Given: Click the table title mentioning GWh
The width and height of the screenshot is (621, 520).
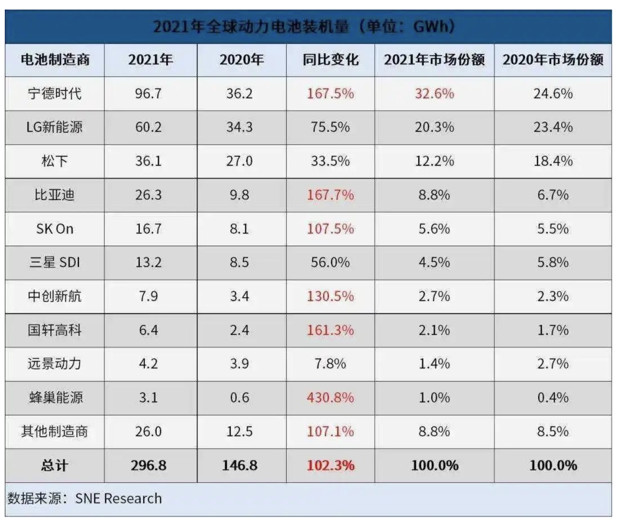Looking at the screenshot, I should pos(304,26).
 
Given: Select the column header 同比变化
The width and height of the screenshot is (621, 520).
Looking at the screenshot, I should pos(330,60).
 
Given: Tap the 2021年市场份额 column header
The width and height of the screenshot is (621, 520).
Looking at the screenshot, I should pos(434,60).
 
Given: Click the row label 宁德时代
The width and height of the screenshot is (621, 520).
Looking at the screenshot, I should pos(55,93).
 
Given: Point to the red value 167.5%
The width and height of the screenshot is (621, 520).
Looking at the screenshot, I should pos(330,93).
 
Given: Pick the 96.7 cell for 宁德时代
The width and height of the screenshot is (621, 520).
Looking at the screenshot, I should pos(149,93).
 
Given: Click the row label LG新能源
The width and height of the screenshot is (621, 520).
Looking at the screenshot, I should pos(55,127).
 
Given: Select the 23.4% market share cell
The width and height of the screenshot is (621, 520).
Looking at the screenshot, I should pos(553,127).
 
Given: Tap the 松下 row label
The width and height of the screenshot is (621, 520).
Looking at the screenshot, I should pos(55,161).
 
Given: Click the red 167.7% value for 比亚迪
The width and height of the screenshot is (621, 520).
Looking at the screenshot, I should pos(330,195).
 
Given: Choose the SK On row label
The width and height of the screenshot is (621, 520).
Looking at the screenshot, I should pos(55,229).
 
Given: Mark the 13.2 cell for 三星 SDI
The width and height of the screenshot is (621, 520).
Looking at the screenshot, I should pos(149,262).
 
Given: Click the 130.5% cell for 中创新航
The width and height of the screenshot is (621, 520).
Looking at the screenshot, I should pos(330,296).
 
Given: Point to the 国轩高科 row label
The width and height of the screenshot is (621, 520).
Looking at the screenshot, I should pos(55,330).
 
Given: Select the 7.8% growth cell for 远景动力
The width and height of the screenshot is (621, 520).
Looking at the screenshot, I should pos(330,364).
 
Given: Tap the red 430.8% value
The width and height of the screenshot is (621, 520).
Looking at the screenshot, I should pos(330,397).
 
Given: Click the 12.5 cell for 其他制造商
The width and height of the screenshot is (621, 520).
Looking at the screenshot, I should pos(240,431).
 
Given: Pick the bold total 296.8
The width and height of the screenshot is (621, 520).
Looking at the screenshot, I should pos(149,465).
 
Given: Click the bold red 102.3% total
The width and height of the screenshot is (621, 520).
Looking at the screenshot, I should pos(330,465).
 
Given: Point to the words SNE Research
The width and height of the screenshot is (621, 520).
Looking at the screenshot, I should pos(118,498).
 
